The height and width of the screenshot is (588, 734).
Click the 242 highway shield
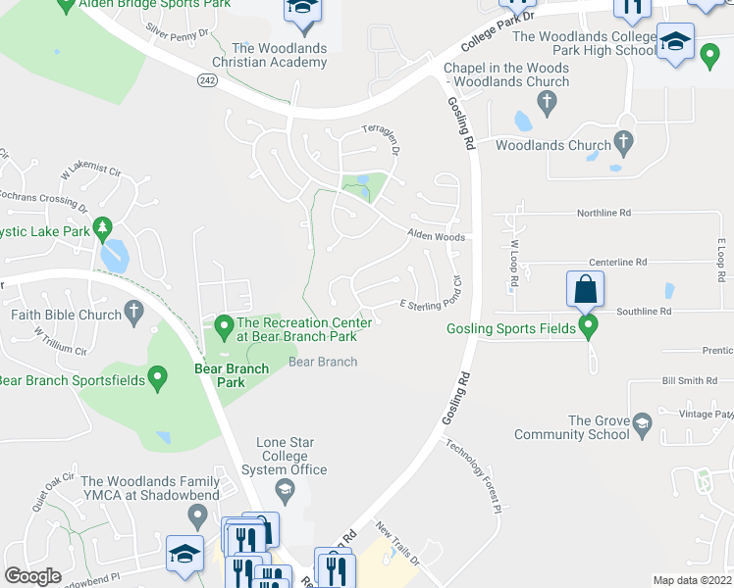(x=206, y=79)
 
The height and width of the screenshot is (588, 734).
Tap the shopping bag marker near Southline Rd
(x=585, y=290)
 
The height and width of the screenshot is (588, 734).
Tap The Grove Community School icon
(x=643, y=425)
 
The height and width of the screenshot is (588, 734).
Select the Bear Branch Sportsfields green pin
(x=157, y=379)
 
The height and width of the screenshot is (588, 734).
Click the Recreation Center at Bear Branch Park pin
(x=224, y=323)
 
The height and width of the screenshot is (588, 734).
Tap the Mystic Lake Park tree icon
(x=102, y=230)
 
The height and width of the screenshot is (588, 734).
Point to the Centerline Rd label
(x=617, y=262)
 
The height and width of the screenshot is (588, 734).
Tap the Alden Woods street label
(x=437, y=236)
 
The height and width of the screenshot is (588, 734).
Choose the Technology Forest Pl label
(x=473, y=476)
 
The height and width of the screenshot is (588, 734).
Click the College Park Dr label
(x=500, y=30)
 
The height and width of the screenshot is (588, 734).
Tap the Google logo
(x=32, y=575)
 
